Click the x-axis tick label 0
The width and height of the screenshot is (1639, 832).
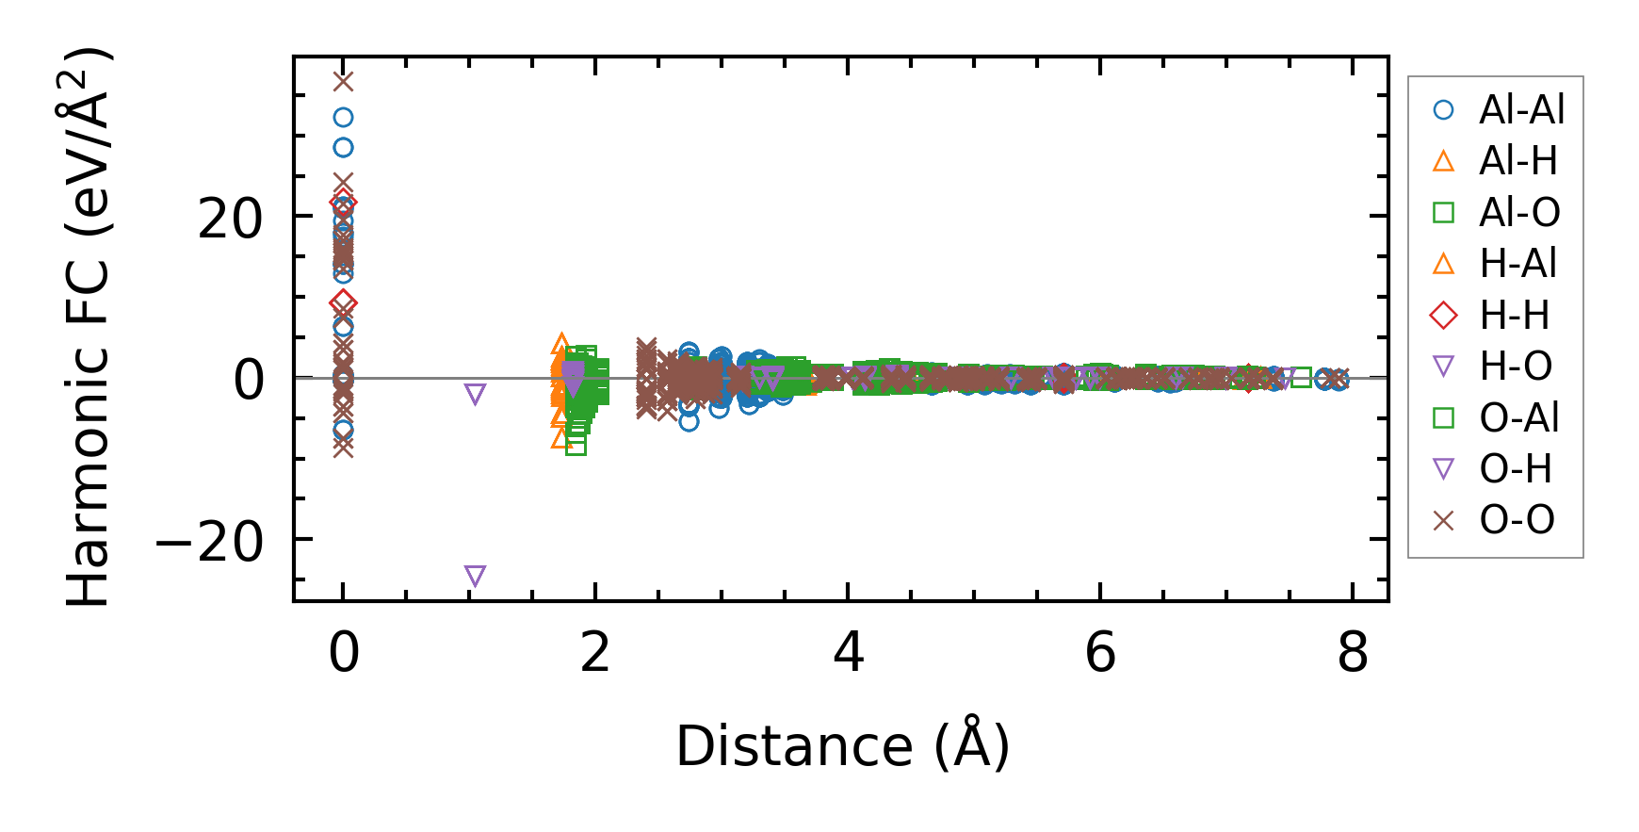(344, 652)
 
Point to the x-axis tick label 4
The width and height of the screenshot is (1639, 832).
(849, 652)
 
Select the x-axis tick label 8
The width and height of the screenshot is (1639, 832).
(1353, 652)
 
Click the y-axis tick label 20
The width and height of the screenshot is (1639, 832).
(229, 220)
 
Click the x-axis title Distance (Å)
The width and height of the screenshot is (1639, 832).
(842, 747)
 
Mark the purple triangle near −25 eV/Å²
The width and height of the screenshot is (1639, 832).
(476, 576)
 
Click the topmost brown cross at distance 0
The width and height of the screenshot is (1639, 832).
(344, 82)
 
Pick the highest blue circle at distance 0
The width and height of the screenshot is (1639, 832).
(344, 118)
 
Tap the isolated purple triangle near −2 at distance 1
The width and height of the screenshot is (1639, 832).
(476, 394)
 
